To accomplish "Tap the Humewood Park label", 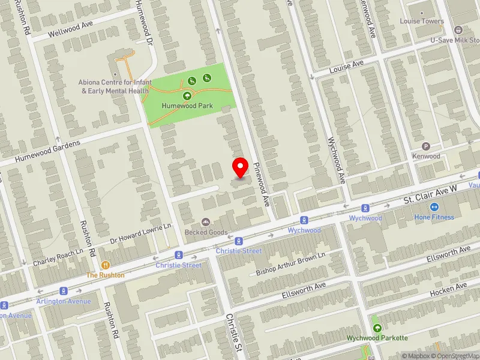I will [x=187, y=106].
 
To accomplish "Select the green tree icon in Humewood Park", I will [x=187, y=95].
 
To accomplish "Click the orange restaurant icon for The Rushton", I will [x=106, y=265].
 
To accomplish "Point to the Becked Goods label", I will [x=206, y=232].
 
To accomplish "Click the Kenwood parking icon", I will [x=427, y=146].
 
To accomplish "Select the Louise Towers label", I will [x=421, y=21].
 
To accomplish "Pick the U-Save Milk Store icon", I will [x=458, y=30].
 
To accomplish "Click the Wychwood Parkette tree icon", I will [x=377, y=328].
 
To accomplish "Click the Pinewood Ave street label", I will [x=261, y=184].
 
